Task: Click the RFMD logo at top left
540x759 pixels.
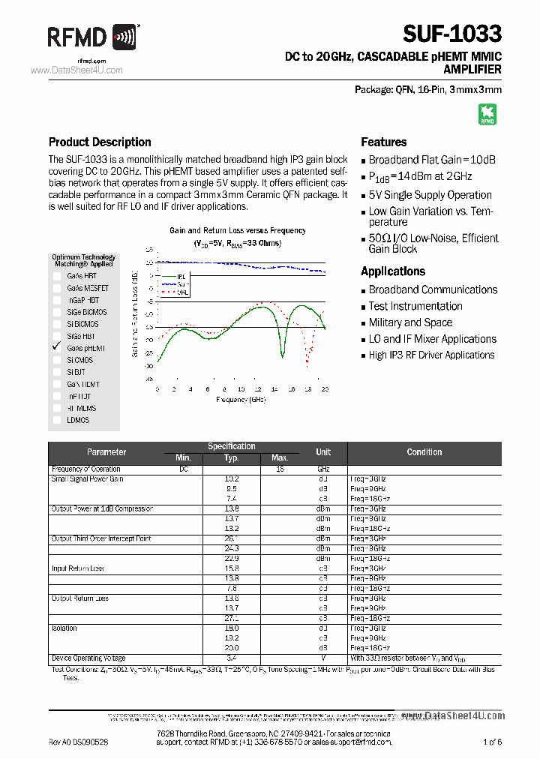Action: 93,37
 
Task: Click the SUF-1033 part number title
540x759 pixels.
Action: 451,34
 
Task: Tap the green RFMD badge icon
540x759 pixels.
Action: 487,114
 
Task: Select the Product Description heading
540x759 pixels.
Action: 100,142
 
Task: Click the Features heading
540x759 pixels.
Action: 383,142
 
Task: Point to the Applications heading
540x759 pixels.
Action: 392,271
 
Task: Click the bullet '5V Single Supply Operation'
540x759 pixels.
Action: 430,195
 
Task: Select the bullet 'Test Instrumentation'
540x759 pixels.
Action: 415,306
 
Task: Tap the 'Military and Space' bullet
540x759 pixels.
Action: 410,322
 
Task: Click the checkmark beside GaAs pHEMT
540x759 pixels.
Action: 56,347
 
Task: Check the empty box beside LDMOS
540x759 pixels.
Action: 57,420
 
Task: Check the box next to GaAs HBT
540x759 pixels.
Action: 57,276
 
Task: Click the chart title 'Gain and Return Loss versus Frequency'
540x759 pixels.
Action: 237,231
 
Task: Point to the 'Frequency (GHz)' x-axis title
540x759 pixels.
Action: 241,400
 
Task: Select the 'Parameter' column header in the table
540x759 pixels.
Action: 106,452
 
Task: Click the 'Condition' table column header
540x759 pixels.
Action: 424,452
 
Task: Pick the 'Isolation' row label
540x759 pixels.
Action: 64,628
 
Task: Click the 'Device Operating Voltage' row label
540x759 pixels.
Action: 88,658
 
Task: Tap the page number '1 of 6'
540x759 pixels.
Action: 492,742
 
